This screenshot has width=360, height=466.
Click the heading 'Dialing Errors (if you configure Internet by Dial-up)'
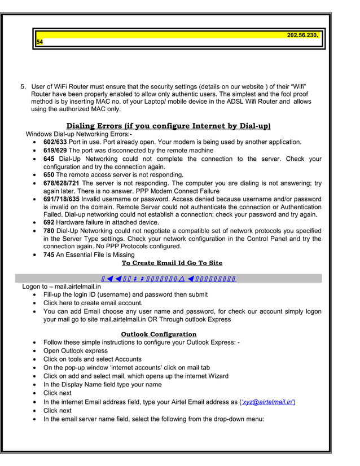pyautogui.click(x=168, y=125)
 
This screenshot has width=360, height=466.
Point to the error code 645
pyautogui.click(x=49, y=159)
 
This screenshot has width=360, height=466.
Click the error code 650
pyautogui.click(x=49, y=175)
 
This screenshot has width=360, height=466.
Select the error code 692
pyautogui.click(x=49, y=223)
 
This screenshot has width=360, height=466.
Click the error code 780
pyautogui.click(x=49, y=231)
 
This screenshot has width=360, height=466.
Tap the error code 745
pyautogui.click(x=49, y=254)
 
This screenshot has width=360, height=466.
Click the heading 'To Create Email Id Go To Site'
pyautogui.click(x=172, y=263)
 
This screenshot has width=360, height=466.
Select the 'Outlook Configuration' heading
pyautogui.click(x=159, y=334)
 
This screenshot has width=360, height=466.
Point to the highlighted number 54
pyautogui.click(x=39, y=42)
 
